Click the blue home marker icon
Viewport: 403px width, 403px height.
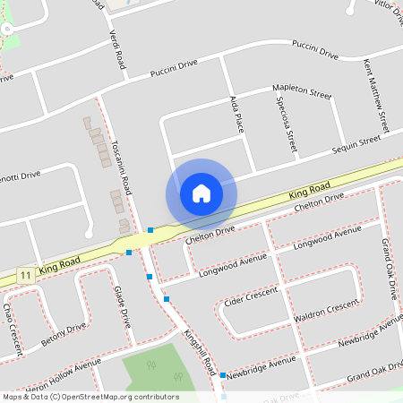[201, 193]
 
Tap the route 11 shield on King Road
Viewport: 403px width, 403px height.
[27, 274]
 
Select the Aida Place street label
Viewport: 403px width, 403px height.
[237, 114]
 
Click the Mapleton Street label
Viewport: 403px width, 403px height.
[302, 91]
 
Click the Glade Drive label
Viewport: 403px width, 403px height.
[124, 307]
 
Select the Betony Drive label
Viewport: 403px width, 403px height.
[64, 335]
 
